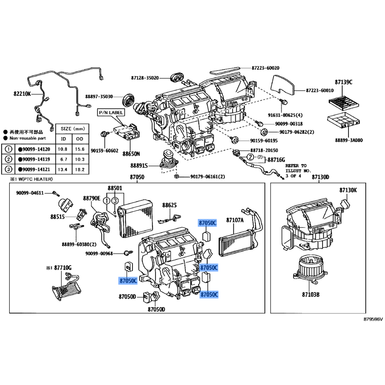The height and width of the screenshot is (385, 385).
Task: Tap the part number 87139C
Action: [x=344, y=83]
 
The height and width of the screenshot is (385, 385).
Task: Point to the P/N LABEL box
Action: [x=111, y=112]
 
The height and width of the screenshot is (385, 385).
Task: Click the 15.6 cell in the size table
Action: [x=79, y=149]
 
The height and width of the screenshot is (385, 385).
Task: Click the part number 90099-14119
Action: [x=37, y=159]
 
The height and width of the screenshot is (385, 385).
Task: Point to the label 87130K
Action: [x=348, y=190]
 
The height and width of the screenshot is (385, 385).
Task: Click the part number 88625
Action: [x=170, y=205]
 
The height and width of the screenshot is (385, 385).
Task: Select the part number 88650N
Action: [x=131, y=154]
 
